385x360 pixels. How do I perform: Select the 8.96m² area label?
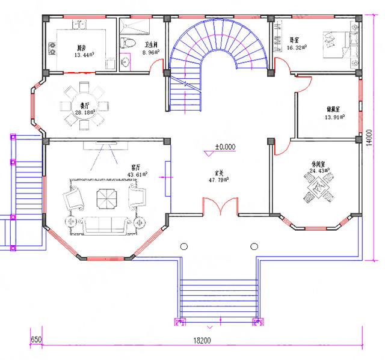pyautogui.click(x=150, y=52)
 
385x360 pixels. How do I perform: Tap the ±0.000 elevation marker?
pyautogui.click(x=226, y=146)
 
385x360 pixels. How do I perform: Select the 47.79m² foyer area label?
pyautogui.click(x=218, y=179)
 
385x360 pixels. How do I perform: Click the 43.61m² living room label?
pyautogui.click(x=136, y=175)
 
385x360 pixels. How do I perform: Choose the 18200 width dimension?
pyautogui.click(x=202, y=340)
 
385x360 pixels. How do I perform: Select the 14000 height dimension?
pyautogui.click(x=373, y=138)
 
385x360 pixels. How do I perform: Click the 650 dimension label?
pyautogui.click(x=36, y=340)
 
